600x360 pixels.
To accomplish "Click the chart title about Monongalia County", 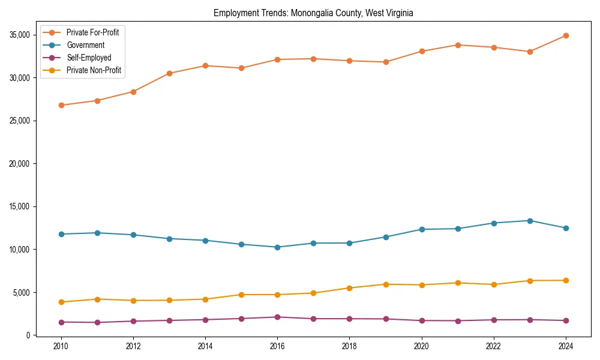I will [313, 13].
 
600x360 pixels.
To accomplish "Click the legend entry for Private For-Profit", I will [92, 32].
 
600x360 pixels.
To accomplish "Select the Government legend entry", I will [85, 45].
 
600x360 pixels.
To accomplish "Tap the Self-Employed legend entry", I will [89, 58].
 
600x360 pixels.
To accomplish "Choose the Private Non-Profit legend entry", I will [94, 70].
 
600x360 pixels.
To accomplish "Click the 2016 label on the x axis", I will [277, 346].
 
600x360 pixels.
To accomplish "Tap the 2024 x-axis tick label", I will [566, 346].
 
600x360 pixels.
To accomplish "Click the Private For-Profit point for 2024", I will [566, 35].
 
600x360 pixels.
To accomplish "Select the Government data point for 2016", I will [277, 247].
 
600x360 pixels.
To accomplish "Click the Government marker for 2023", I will [530, 221].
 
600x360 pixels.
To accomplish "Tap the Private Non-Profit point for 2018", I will [349, 288].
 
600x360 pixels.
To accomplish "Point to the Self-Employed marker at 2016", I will [277, 317].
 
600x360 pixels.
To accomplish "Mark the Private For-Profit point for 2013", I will [169, 73].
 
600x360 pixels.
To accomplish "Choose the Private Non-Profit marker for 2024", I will [566, 280].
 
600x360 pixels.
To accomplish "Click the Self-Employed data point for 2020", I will [422, 320].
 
